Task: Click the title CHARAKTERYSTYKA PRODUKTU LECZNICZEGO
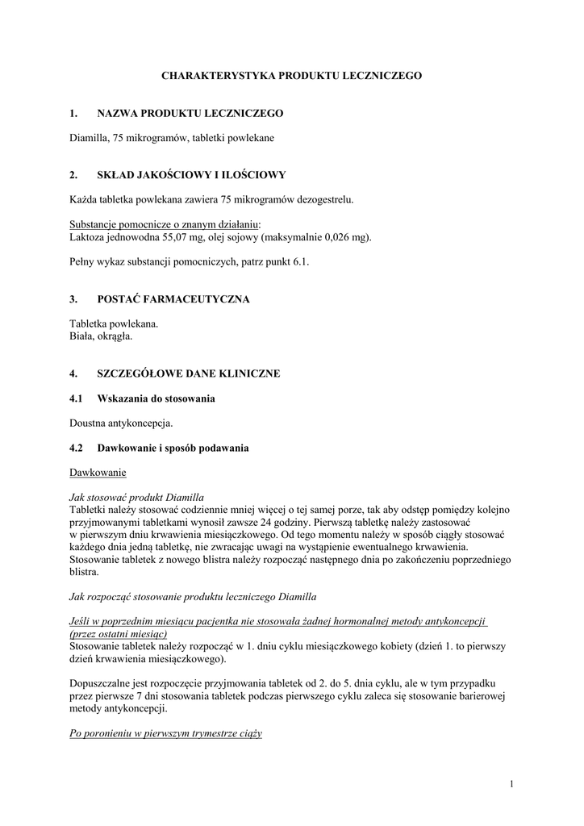tap(292, 75)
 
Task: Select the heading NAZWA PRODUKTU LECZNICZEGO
tap(190, 115)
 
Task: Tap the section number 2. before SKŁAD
tap(73, 174)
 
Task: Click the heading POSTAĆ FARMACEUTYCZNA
tap(173, 299)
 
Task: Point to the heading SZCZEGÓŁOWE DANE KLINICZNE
tap(189, 373)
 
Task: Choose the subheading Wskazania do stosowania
tap(156, 398)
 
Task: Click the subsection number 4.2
tap(77, 447)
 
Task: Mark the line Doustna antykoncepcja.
tap(121, 423)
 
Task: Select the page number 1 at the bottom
tap(511, 783)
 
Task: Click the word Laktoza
tap(89, 237)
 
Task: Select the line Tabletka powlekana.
tap(114, 323)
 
